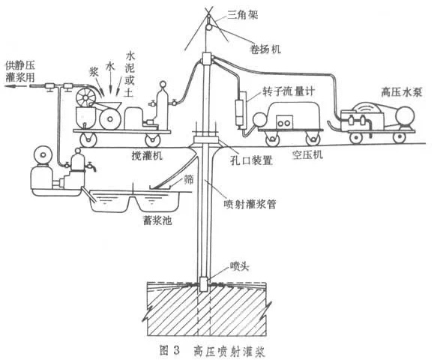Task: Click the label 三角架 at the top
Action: (243, 14)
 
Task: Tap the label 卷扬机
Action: (265, 49)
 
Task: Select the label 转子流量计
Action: (289, 91)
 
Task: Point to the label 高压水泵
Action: (402, 92)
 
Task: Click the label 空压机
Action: (307, 154)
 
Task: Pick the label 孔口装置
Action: (251, 160)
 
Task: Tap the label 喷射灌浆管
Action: (250, 205)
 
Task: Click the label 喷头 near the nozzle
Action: (239, 266)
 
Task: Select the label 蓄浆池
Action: (157, 220)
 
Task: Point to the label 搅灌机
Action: (147, 155)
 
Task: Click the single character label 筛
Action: (188, 180)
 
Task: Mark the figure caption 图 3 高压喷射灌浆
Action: (212, 350)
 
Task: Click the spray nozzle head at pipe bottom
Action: (203, 284)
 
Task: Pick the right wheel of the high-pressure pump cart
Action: (400, 137)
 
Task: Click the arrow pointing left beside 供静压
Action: (16, 86)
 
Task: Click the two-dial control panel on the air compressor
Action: (285, 123)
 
